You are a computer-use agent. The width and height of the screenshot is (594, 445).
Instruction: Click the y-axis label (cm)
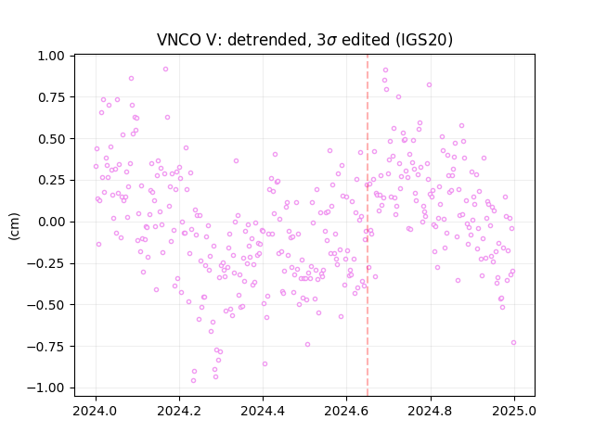tap(14, 226)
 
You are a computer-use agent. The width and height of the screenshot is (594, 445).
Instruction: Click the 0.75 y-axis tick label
tap(51, 97)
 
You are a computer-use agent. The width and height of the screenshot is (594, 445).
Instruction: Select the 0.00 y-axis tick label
tap(51, 222)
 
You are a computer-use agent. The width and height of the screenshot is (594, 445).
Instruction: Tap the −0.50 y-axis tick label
tap(45, 305)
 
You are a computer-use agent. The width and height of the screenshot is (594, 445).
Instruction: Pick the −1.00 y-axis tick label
tap(45, 388)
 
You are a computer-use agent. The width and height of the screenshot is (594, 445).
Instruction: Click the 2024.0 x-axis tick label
tap(96, 411)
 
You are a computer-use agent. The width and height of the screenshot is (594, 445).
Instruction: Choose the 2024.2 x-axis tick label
tap(179, 411)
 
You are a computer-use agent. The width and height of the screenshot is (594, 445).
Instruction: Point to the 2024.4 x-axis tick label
tap(263, 411)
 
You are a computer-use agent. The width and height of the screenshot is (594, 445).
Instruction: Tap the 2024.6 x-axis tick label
tap(346, 411)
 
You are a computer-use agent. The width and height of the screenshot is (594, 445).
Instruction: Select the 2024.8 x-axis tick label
tap(431, 411)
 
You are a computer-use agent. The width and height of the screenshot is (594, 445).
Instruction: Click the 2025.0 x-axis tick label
tap(514, 411)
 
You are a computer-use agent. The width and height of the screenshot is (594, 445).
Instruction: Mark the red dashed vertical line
tap(368, 225)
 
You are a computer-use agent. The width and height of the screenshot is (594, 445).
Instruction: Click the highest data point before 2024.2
tap(165, 70)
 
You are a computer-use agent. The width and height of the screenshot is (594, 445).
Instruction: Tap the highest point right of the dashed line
tap(386, 70)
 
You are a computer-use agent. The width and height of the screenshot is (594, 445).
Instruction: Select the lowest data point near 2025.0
tap(513, 343)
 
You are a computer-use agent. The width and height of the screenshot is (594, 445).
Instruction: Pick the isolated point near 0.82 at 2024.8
tap(429, 85)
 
